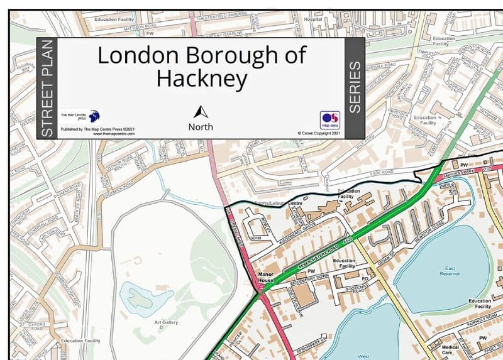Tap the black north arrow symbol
(x=201, y=112)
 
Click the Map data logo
(x=330, y=119)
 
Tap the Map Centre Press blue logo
(x=94, y=116)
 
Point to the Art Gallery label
(x=167, y=323)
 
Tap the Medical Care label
(x=450, y=349)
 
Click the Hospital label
(x=312, y=19)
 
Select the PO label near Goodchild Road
(x=364, y=278)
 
